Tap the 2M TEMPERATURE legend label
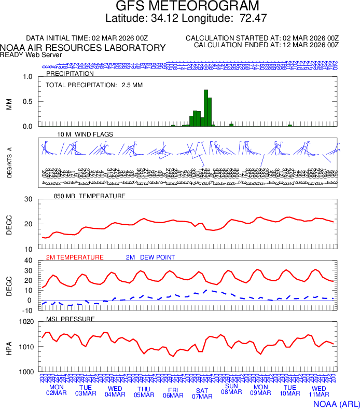(75, 257)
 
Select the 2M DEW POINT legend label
(150, 257)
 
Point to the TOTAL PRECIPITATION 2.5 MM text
(94, 85)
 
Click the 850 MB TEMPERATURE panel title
(90, 196)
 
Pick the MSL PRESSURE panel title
(71, 319)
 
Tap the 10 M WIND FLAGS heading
(85, 134)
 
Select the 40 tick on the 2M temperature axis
(29, 261)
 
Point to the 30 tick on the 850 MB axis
(29, 200)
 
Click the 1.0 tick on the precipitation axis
(28, 77)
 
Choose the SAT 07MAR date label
(202, 393)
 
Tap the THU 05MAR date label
(144, 392)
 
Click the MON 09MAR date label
(260, 390)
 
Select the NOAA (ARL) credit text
(336, 403)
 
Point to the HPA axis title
(9, 347)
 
